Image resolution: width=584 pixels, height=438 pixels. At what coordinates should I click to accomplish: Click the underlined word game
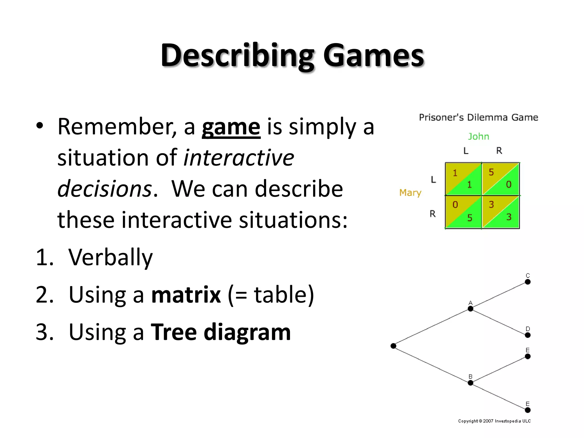[231, 127]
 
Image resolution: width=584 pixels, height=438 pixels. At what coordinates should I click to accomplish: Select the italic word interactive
[238, 158]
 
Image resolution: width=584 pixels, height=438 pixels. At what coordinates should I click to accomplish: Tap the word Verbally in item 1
[111, 257]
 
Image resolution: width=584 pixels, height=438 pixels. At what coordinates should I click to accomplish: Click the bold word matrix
[186, 295]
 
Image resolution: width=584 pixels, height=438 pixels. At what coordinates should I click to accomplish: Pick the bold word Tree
[173, 332]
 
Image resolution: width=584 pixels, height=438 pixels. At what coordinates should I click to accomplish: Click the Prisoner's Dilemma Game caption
[478, 117]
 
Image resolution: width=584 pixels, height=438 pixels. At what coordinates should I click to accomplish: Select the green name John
[478, 137]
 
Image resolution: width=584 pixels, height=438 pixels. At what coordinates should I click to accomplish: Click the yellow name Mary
[410, 193]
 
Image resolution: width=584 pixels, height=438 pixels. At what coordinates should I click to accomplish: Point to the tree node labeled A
[471, 309]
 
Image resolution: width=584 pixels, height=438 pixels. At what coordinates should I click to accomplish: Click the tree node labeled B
[471, 383]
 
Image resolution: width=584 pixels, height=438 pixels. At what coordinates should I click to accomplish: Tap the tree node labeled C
[528, 282]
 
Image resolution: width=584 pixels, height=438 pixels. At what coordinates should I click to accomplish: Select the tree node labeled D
[528, 335]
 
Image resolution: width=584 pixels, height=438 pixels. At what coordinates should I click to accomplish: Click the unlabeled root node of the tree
[394, 346]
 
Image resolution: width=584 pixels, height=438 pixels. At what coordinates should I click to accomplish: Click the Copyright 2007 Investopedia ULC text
[494, 421]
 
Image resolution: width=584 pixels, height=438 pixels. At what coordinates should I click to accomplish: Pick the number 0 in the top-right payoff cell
[508, 185]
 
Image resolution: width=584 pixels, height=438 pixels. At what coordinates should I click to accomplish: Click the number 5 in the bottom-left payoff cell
[470, 218]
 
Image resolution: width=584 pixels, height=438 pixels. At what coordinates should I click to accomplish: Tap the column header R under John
[499, 151]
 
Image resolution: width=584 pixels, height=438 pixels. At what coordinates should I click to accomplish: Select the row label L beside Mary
[433, 180]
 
